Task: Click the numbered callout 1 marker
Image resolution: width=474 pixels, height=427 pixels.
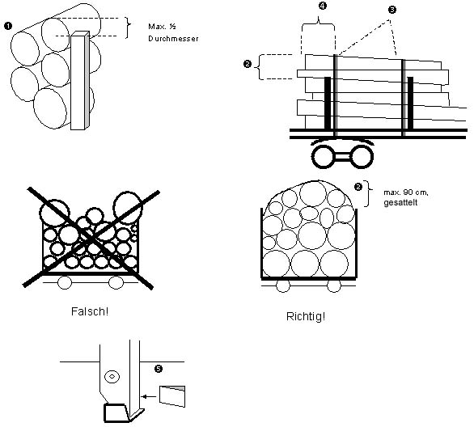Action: point(8,26)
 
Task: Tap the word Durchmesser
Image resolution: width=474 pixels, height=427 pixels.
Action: point(173,39)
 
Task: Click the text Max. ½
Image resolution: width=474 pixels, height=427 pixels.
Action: point(162,27)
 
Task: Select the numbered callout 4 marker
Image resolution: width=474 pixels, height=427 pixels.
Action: point(323,6)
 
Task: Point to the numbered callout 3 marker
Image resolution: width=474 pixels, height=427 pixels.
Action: point(391,10)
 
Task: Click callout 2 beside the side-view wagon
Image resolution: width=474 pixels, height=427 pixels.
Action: point(248,64)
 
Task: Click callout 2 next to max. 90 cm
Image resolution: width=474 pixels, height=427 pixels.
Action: point(358,187)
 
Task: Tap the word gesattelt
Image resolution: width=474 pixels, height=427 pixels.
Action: point(400,202)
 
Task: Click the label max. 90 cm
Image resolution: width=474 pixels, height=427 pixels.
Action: point(406,192)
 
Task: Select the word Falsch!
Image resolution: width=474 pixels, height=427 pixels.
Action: point(90,311)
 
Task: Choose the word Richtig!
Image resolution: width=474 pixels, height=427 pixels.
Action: point(306,317)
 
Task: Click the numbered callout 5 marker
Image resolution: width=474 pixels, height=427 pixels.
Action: point(159,369)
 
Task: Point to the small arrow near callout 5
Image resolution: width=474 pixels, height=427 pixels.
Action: point(148,396)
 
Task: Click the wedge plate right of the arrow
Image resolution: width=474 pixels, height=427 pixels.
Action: point(172,396)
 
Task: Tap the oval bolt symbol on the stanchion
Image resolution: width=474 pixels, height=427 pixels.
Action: point(112,377)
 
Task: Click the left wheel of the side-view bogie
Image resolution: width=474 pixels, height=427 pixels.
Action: point(323,156)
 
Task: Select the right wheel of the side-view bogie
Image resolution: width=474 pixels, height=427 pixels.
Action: point(362,156)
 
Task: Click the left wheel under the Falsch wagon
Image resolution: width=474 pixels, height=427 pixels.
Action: point(65,282)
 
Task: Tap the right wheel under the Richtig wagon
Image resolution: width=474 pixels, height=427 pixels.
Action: point(334,285)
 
